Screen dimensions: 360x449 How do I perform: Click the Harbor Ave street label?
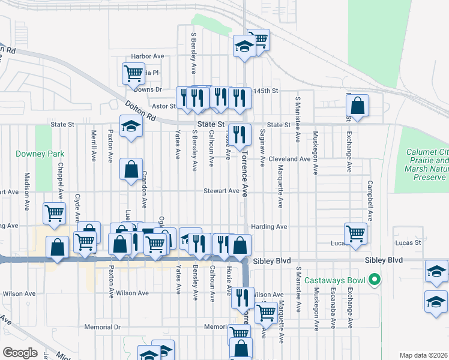[x=148, y=56]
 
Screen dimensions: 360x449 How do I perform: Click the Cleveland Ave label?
[x=289, y=159]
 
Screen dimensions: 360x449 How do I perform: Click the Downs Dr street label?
[x=148, y=89]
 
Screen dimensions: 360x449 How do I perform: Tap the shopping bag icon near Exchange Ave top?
[x=357, y=106]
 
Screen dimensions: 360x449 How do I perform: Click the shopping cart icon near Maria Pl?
[x=133, y=73]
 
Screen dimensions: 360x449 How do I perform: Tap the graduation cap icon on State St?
[x=130, y=127]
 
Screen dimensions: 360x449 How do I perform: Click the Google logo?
[x=20, y=353]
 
